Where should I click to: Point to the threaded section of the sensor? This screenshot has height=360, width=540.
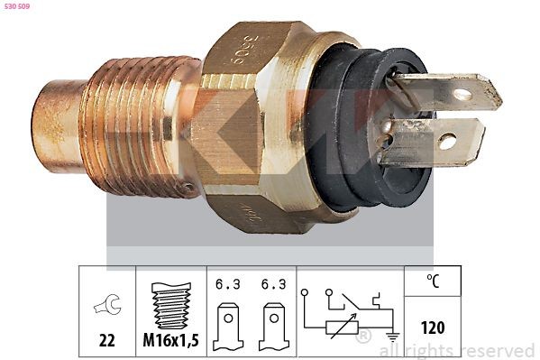(135, 126)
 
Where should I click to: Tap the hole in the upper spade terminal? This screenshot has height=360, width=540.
(462, 93)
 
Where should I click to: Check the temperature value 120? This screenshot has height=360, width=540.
(433, 328)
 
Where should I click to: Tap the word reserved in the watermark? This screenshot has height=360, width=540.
(497, 350)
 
